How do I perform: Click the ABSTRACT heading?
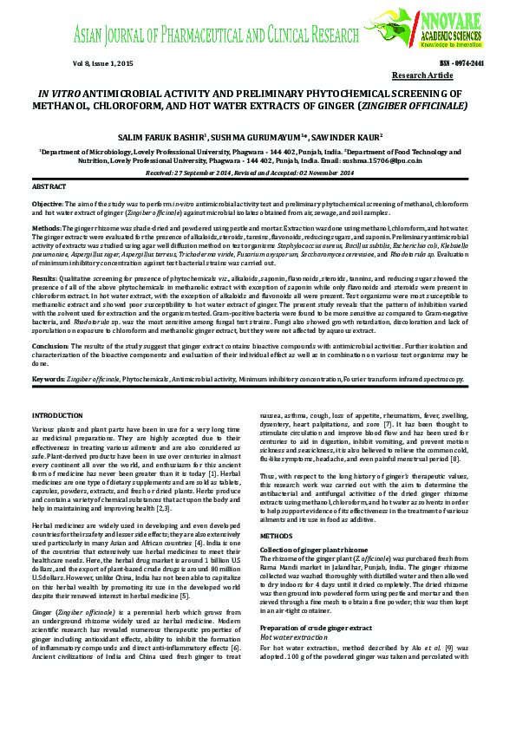(49, 187)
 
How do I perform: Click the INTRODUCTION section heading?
(56, 416)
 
